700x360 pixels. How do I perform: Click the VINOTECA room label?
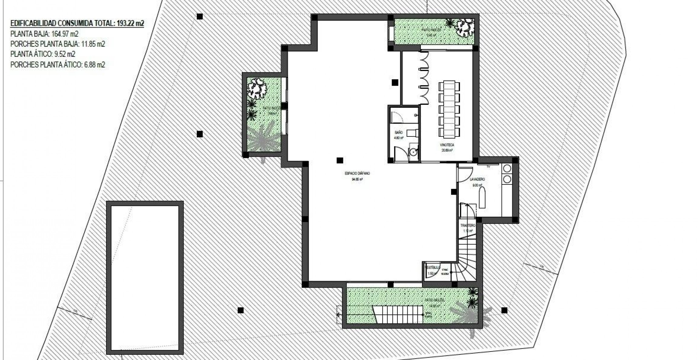pos(447,145)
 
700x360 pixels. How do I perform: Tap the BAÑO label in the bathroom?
pos(399,133)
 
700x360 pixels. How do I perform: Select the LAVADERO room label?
pos(477,180)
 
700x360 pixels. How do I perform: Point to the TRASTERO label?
pos(468,226)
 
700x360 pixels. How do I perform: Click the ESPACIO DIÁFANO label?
pos(357,173)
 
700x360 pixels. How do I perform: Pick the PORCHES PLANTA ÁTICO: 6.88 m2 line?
pos(58,65)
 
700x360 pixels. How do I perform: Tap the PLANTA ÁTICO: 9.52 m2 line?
pos(43,54)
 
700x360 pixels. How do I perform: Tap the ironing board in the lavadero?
pos(482,197)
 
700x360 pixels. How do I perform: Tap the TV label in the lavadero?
pos(489,166)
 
